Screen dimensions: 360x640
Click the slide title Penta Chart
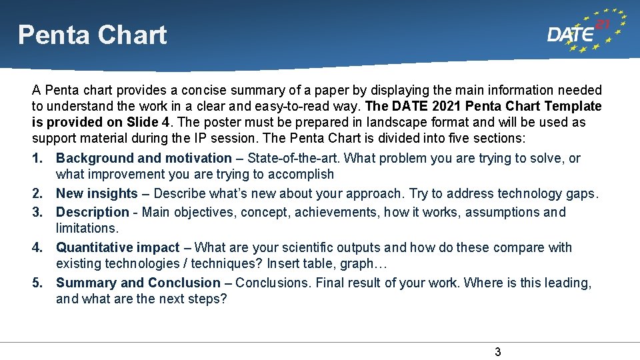(x=92, y=35)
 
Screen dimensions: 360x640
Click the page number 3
(x=497, y=352)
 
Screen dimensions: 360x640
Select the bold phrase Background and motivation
(x=143, y=159)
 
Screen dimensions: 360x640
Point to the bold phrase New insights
(x=97, y=194)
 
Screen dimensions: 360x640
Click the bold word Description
(x=93, y=213)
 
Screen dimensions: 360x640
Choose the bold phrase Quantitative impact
(x=118, y=248)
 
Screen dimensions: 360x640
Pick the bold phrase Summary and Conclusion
(x=138, y=283)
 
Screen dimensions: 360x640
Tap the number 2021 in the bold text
(x=444, y=107)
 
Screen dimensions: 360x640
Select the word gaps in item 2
(x=583, y=194)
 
